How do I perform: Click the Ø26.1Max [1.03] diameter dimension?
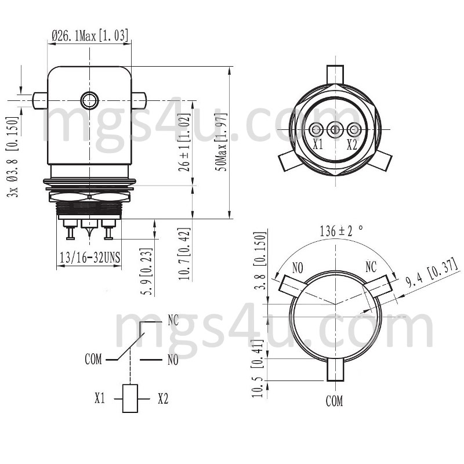[x=90, y=36]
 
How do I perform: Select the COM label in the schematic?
[x=93, y=360]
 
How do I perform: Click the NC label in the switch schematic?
[x=173, y=320]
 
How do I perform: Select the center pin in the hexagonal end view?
[x=334, y=129]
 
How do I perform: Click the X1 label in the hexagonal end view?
[x=317, y=144]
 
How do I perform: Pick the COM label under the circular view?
[x=334, y=401]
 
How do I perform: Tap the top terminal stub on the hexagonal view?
[x=335, y=74]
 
